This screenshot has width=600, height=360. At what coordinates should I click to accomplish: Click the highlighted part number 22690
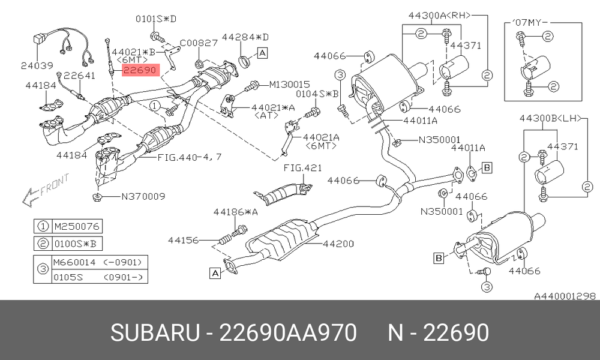tap(140, 70)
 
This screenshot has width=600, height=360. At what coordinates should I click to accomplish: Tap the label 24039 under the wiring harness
tap(37, 66)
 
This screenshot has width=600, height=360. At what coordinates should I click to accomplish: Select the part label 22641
tap(79, 76)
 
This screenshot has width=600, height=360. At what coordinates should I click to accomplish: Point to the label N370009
tap(143, 197)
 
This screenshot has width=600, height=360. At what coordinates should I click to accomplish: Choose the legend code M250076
tap(77, 226)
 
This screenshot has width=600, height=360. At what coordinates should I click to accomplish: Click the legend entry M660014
tap(75, 262)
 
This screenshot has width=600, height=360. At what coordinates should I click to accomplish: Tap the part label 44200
tap(338, 244)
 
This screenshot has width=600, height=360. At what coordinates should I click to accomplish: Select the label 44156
tap(184, 240)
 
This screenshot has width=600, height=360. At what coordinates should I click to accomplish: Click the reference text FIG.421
tap(302, 167)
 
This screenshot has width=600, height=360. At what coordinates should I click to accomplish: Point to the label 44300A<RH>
tap(439, 16)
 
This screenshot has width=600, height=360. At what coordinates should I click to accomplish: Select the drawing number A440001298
tap(565, 296)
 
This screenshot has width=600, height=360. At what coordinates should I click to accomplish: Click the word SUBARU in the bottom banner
tap(155, 332)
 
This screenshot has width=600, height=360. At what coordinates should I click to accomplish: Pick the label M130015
tap(290, 84)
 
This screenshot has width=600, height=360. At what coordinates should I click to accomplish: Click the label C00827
tap(199, 43)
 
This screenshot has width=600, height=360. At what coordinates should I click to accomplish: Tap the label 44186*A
tap(235, 212)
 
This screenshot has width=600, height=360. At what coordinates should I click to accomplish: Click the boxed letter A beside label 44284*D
tap(262, 53)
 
